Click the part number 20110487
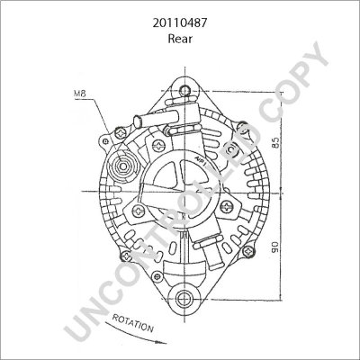tap(180, 13)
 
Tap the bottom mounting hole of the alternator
tap(185, 297)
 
